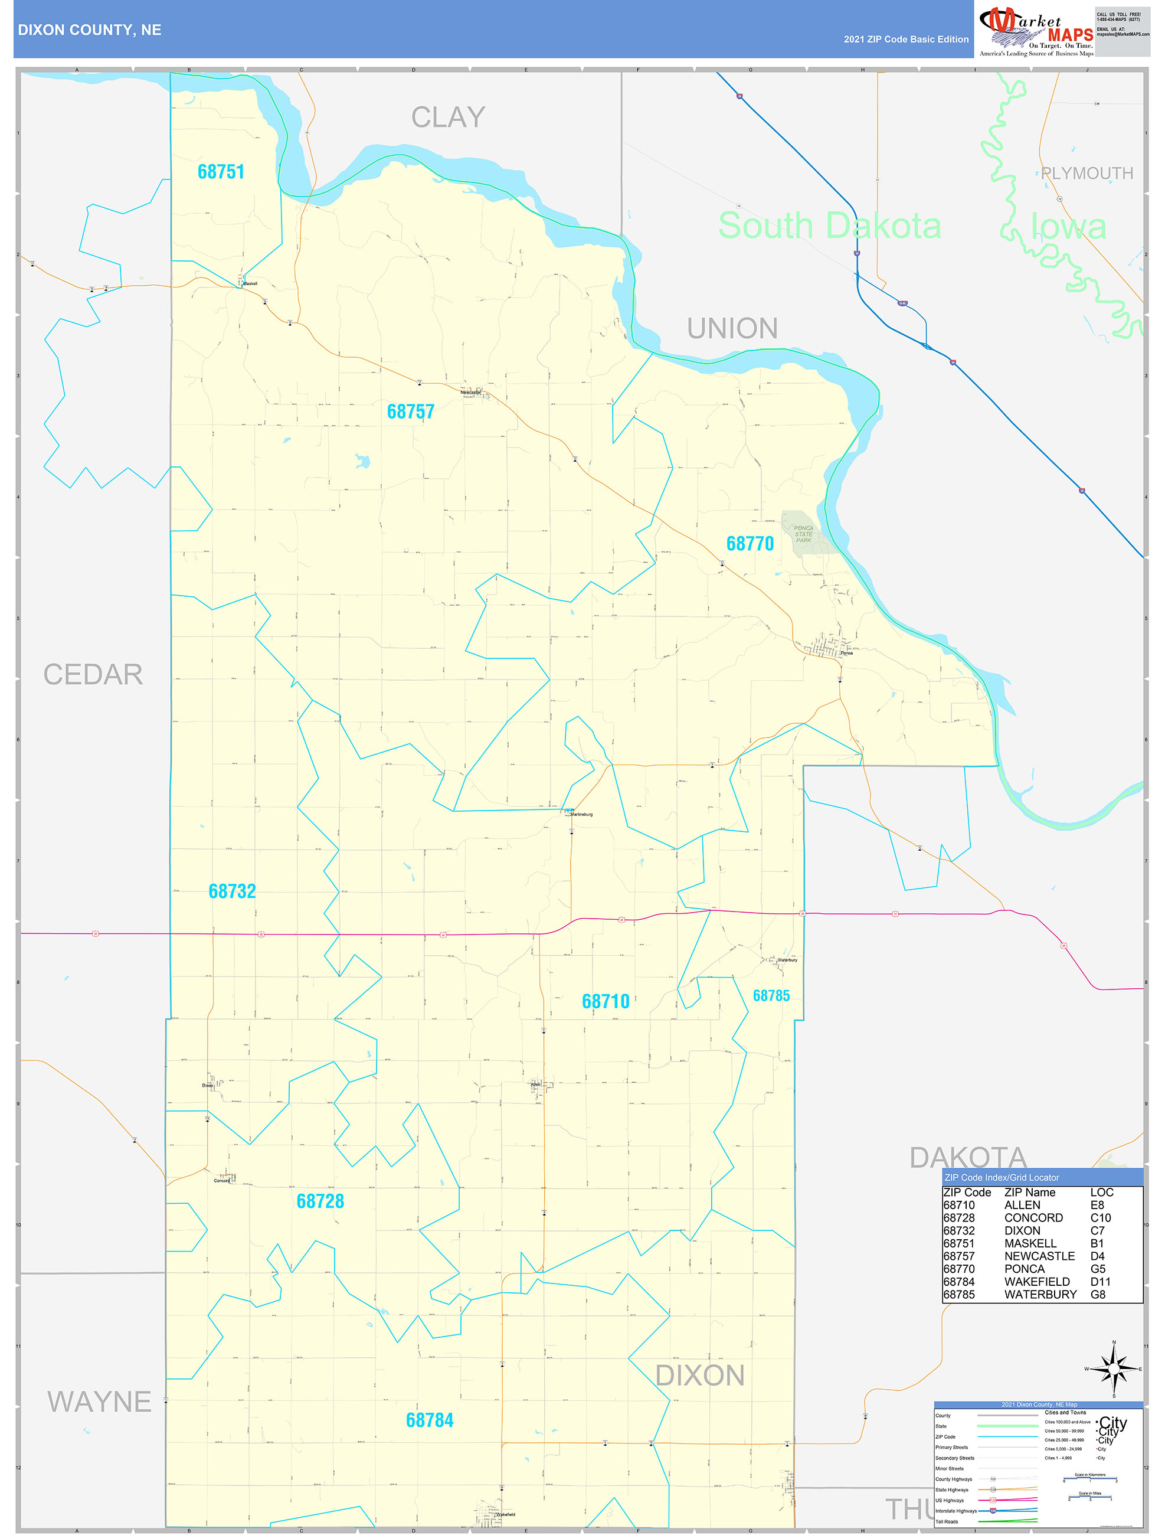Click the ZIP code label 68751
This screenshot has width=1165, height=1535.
pyautogui.click(x=221, y=171)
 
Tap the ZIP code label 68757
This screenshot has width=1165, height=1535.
pyautogui.click(x=410, y=411)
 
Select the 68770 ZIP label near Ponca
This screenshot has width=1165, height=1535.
pyautogui.click(x=750, y=543)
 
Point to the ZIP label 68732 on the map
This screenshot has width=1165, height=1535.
pyautogui.click(x=232, y=891)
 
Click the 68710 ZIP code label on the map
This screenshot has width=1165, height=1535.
pyautogui.click(x=605, y=1001)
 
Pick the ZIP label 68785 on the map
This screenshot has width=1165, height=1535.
pyautogui.click(x=771, y=996)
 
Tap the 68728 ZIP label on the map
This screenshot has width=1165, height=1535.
pyautogui.click(x=320, y=1201)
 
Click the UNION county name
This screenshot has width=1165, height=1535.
pyautogui.click(x=732, y=328)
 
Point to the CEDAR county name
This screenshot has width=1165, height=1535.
pyautogui.click(x=93, y=674)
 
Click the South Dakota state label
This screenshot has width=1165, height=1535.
pyautogui.click(x=829, y=226)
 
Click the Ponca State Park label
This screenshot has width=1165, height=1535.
pyautogui.click(x=803, y=534)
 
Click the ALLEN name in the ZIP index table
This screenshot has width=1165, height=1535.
pyautogui.click(x=1022, y=1206)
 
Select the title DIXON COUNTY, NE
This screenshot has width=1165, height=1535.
pyautogui.click(x=90, y=30)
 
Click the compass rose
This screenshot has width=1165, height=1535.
pyautogui.click(x=1114, y=1369)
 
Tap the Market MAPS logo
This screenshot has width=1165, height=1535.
pyautogui.click(x=1036, y=31)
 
